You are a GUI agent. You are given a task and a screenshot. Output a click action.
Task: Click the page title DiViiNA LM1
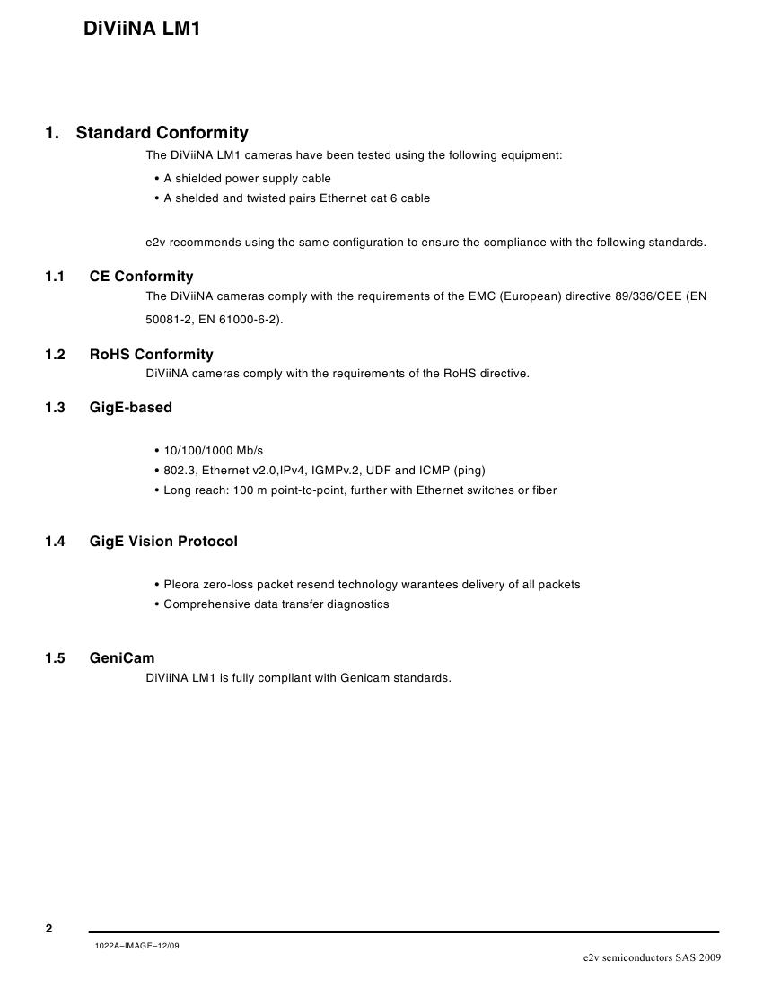[x=142, y=29]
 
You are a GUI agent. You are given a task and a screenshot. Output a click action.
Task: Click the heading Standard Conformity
[x=162, y=133]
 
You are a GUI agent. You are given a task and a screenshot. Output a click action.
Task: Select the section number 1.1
[x=55, y=277]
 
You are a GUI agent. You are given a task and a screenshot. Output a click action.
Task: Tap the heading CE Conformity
[x=141, y=277]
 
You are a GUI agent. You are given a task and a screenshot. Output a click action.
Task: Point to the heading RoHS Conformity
[x=151, y=355]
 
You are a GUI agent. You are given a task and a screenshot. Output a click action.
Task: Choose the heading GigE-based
[x=130, y=408]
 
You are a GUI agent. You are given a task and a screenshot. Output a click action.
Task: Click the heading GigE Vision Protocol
[x=163, y=542]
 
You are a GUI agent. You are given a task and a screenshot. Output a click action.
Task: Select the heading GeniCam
[x=122, y=658]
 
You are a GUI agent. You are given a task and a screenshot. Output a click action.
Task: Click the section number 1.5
[x=55, y=658]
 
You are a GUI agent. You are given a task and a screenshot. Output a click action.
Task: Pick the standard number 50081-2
[x=165, y=320]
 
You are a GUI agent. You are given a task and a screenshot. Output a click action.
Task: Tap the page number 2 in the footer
[x=49, y=929]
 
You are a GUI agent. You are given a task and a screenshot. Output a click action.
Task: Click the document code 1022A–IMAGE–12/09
[x=136, y=947]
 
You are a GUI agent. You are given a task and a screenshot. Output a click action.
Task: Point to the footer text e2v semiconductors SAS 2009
[x=652, y=958]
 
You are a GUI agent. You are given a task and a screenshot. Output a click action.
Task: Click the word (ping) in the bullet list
[x=469, y=471]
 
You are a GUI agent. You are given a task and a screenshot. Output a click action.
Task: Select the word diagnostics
[x=357, y=604]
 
